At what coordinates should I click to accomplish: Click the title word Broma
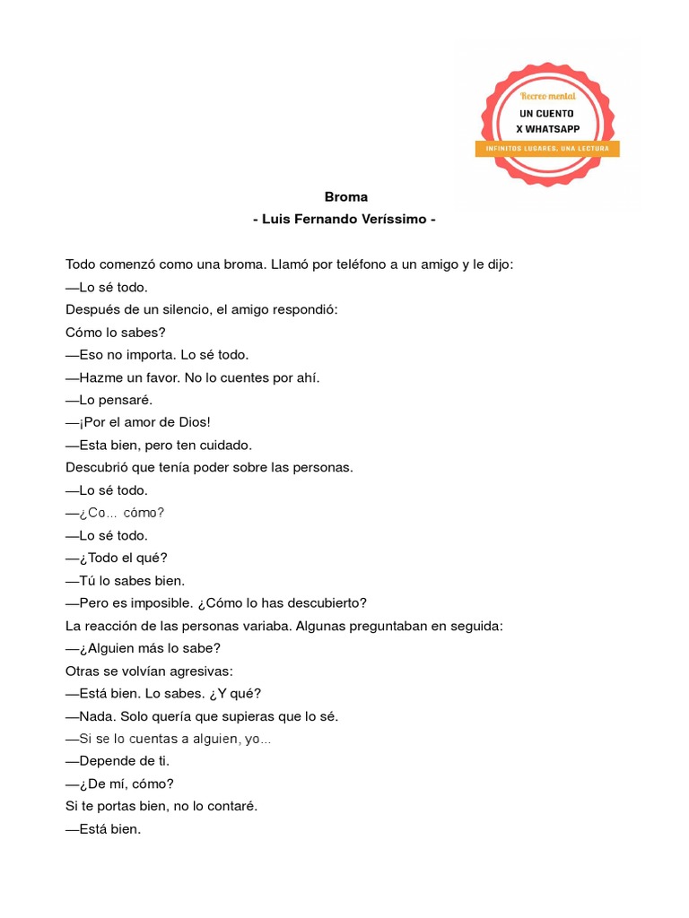coord(345,197)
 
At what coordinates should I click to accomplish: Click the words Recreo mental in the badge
coord(548,95)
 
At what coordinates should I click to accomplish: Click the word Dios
coord(190,422)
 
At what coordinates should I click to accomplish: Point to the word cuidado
coord(222,445)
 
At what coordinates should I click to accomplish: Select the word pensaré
coord(127,400)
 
